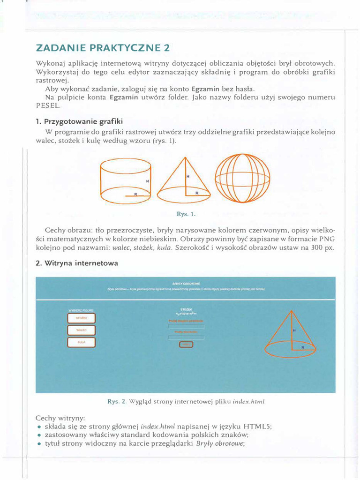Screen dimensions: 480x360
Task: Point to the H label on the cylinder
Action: pos(147,180)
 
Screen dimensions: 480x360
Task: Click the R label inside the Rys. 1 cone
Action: pos(197,193)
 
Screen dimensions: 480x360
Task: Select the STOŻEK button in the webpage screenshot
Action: pos(82,319)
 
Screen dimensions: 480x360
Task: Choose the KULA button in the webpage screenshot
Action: pos(82,343)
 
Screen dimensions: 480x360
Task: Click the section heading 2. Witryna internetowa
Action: pos(77,263)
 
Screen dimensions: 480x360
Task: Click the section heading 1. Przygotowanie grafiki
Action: pos(79,122)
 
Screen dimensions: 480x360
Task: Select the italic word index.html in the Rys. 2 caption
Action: pos(249,402)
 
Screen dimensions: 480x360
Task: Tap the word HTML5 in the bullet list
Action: pos(258,427)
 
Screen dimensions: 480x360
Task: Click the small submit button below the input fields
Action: pos(186,345)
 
